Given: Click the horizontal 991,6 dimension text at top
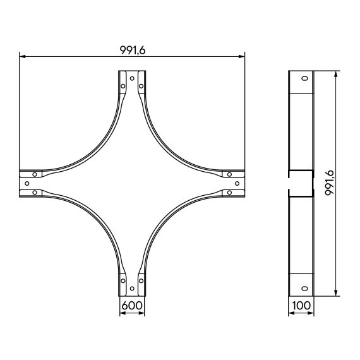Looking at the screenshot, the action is [x=133, y=50].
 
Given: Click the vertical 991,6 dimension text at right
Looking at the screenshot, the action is [x=330, y=183].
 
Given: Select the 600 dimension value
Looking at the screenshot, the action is [x=132, y=305].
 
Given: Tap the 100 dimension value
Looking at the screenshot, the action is [x=301, y=305].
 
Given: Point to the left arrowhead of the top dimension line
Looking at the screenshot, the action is [x=22, y=56].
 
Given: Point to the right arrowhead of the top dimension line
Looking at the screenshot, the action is [x=242, y=56].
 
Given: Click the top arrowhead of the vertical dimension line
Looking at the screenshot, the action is [x=336, y=74].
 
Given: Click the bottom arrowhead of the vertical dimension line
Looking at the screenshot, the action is [x=336, y=293].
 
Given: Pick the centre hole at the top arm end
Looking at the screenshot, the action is [x=132, y=78].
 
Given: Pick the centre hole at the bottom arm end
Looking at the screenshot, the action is [x=132, y=289].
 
